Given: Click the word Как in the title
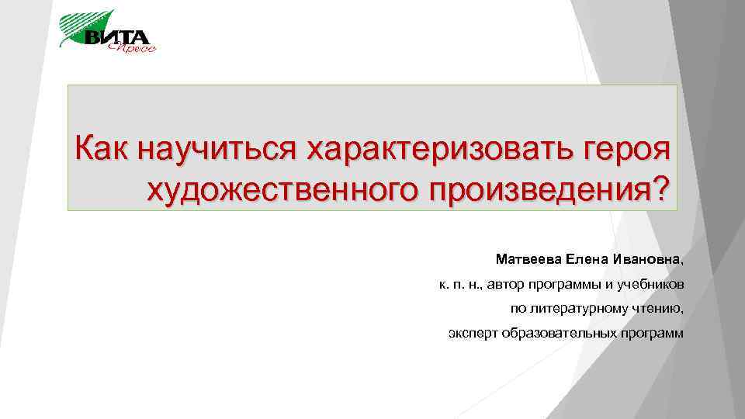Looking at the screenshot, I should pos(102,147).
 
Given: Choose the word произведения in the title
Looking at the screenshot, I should pos(528,189).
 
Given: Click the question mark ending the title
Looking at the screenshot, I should pos(658,188).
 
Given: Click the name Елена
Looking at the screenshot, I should pos(587,258).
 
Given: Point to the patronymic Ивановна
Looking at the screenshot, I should pos(648,258).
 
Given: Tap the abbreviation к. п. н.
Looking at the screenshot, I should pos(459,284).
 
